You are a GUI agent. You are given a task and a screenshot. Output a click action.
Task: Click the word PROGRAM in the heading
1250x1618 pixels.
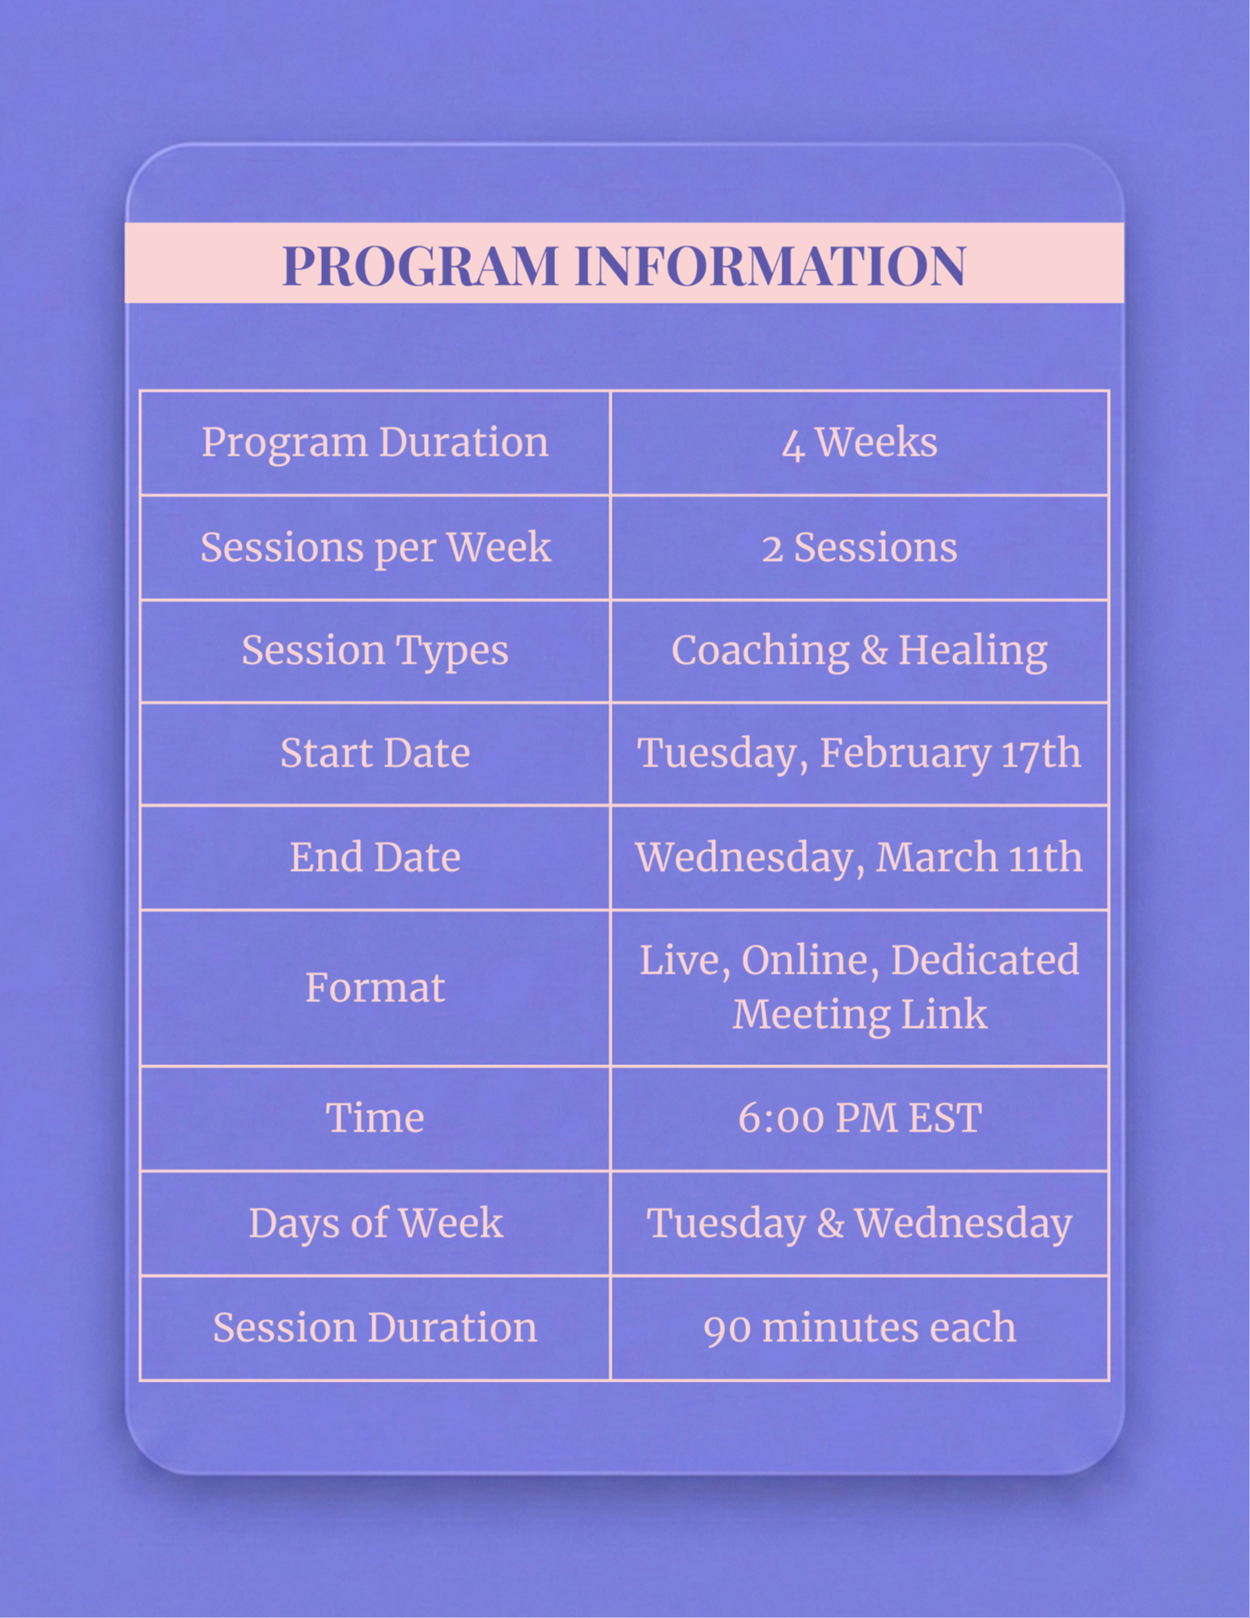tap(421, 265)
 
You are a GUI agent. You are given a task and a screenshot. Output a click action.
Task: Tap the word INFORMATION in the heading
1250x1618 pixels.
tap(770, 265)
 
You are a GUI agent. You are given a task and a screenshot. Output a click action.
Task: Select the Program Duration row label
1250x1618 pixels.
tap(375, 443)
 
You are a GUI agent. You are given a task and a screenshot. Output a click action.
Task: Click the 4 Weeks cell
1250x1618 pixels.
tap(859, 443)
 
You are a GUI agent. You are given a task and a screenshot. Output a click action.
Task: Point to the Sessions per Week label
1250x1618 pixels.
tap(375, 548)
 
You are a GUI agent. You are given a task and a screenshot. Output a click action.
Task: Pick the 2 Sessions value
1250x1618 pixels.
tap(859, 548)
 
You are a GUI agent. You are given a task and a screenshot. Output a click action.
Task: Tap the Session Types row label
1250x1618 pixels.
tap(375, 652)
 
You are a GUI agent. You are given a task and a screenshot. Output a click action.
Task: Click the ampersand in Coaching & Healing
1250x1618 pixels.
tap(874, 651)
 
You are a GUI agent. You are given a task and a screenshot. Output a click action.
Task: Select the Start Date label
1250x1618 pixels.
tap(375, 754)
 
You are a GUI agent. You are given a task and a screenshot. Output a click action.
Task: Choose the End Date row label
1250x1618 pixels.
tap(375, 857)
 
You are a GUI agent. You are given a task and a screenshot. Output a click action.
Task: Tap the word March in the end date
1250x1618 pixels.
tap(927, 857)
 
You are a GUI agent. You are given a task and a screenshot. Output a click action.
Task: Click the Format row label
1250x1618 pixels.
tap(375, 988)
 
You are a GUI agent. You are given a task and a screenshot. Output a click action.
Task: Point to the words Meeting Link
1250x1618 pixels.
tap(860, 1014)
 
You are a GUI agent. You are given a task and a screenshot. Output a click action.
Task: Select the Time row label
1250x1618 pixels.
tap(375, 1119)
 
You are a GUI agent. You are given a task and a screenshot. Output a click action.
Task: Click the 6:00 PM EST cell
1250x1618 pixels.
tap(860, 1119)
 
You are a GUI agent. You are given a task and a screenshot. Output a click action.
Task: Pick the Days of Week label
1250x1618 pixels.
tap(375, 1223)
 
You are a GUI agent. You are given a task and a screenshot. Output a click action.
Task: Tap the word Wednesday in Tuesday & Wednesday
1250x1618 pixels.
tap(964, 1224)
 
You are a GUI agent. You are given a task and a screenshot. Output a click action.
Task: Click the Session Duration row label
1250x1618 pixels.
tap(375, 1328)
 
